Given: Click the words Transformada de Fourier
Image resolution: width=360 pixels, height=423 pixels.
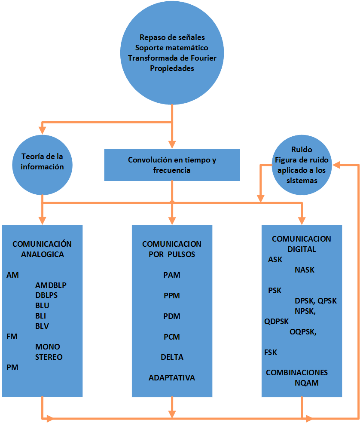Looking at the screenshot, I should click(x=172, y=58).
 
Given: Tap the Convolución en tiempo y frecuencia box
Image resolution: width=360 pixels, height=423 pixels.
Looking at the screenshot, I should click(x=172, y=165).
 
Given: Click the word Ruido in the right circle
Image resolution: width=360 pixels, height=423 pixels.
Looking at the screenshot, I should click(x=302, y=150).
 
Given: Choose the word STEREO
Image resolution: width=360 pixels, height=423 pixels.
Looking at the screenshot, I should click(x=49, y=357).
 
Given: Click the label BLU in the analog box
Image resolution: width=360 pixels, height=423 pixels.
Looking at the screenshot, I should click(x=42, y=306).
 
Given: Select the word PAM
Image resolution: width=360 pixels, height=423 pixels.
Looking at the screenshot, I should click(x=172, y=275).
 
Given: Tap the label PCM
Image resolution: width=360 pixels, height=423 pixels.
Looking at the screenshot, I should click(x=172, y=337).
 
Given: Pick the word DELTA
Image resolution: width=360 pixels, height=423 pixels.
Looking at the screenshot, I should click(x=172, y=357).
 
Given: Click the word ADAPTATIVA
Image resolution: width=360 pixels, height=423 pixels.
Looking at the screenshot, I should click(x=172, y=378).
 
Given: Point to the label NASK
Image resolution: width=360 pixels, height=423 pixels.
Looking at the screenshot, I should click(x=305, y=270).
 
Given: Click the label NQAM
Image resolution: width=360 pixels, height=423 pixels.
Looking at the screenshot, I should click(x=307, y=383).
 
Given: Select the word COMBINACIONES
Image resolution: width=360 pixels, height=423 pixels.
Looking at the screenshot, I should click(x=297, y=373).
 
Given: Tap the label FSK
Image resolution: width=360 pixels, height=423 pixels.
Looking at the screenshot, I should click(x=271, y=352).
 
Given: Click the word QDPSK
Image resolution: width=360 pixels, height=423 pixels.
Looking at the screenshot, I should click(x=277, y=321).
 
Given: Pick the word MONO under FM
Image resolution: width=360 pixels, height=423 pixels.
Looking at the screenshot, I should click(x=48, y=347).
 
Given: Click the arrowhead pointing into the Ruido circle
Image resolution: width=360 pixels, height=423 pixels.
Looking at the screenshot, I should click(x=338, y=164).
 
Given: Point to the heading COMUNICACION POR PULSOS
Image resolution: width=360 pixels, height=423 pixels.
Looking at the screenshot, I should click(x=172, y=249).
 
